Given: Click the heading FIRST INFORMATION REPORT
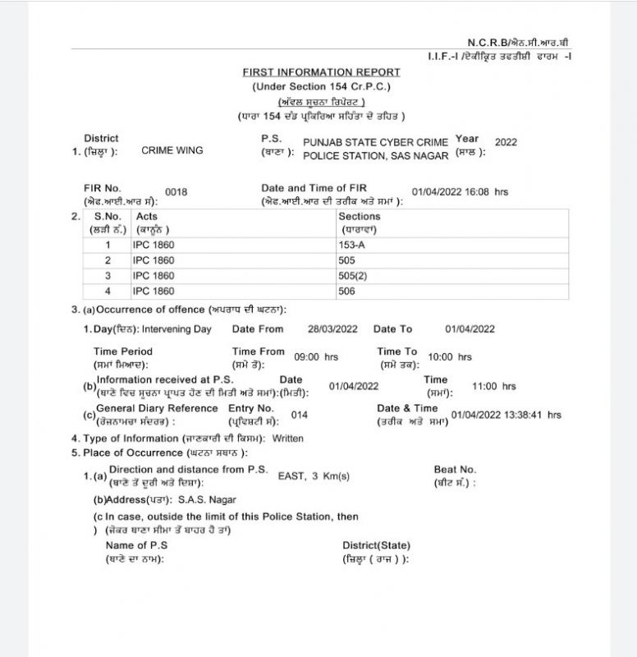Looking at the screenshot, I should [x=322, y=72].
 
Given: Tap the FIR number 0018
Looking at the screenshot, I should [x=176, y=192].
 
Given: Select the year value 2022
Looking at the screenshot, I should [x=506, y=142].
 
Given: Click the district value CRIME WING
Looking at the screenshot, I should [x=172, y=150].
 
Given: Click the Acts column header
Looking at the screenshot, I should [x=148, y=216].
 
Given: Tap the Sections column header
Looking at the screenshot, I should [x=359, y=216].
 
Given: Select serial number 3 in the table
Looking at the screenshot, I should [x=108, y=275].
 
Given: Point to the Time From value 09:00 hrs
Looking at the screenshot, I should [x=316, y=357].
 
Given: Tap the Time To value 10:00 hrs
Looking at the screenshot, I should [x=450, y=357].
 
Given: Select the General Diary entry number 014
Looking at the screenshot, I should [x=300, y=415].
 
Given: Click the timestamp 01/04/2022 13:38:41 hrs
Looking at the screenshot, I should [x=506, y=415].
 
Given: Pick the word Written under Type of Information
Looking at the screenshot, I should [x=287, y=439].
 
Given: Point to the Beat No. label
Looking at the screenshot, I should [x=455, y=470].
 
